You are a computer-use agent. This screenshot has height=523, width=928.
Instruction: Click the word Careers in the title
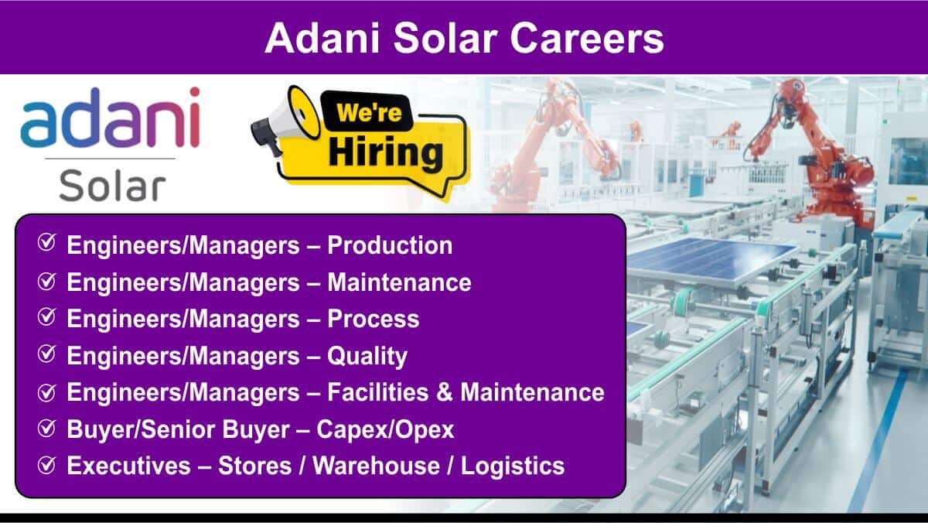587,39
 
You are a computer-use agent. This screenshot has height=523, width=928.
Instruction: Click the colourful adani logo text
111,118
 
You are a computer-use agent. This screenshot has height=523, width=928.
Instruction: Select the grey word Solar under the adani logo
112,185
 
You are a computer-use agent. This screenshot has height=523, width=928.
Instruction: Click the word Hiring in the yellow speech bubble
386,153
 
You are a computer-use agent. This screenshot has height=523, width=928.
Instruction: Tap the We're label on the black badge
369,112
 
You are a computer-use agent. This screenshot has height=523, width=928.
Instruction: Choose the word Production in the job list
390,245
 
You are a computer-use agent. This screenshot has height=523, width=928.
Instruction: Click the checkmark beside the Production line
47,242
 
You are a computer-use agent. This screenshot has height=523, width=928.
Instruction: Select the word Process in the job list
374,319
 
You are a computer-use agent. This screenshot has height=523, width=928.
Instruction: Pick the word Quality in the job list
367,357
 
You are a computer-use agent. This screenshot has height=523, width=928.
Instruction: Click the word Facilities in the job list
378,392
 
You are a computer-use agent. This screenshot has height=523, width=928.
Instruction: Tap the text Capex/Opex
385,430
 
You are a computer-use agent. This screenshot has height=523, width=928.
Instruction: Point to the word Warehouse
376,466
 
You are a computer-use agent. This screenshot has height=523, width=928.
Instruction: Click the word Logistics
513,467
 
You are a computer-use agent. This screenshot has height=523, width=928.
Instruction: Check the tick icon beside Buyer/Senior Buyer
47,428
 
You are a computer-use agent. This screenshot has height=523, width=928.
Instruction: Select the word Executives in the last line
129,466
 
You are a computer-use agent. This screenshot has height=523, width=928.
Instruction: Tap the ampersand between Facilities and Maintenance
445,392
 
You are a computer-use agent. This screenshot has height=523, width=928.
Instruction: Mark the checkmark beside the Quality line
47,354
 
